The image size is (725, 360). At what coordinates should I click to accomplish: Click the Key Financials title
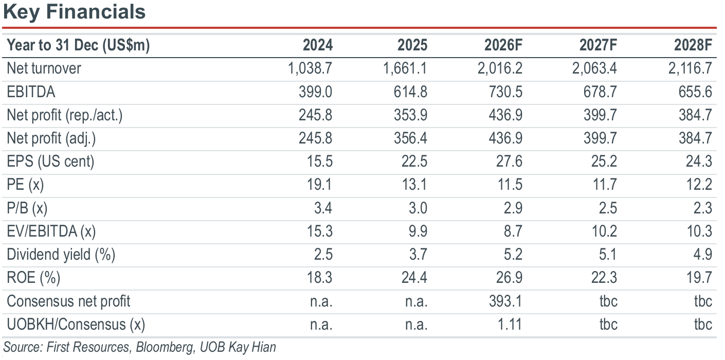(x=75, y=12)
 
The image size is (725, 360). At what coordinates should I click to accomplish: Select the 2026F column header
(x=503, y=45)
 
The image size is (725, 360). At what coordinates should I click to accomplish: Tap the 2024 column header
(x=318, y=45)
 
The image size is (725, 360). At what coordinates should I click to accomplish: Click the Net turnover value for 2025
(x=405, y=68)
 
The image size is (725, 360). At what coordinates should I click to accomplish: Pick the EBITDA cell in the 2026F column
(x=505, y=92)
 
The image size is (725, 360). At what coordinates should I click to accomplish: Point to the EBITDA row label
(x=31, y=92)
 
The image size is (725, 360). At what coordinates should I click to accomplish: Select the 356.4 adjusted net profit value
(x=410, y=138)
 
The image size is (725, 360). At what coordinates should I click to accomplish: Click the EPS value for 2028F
(x=699, y=161)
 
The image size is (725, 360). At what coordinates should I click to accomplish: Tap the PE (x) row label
(x=25, y=185)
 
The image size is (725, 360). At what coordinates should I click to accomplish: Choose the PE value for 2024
(x=319, y=185)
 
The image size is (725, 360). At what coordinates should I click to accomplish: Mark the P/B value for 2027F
(x=608, y=208)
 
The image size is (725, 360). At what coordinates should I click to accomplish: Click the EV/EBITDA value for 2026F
(x=513, y=231)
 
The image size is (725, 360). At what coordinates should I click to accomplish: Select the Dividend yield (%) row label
(x=61, y=255)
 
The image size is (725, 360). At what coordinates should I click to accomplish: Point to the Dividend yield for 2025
(x=418, y=255)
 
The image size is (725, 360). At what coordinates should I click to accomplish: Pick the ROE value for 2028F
(x=699, y=278)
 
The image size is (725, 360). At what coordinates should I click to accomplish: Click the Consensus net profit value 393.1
(x=505, y=301)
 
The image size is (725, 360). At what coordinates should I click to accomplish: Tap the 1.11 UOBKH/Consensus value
(x=510, y=325)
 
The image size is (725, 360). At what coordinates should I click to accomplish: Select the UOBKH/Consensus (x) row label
(x=76, y=325)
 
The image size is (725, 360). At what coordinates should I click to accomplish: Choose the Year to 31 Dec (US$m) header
(x=78, y=45)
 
